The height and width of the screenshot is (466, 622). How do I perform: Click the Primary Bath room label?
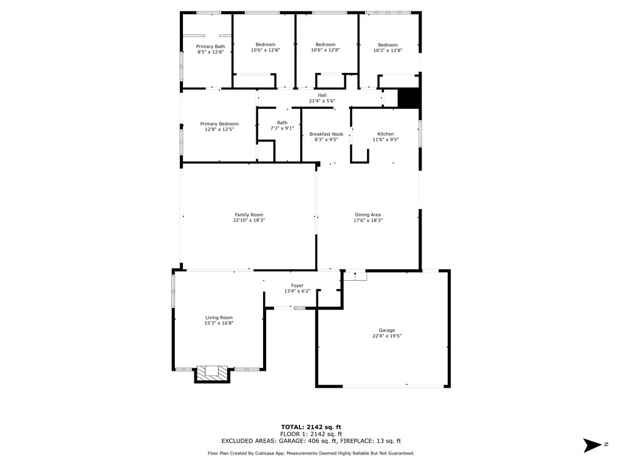pyautogui.click(x=210, y=46)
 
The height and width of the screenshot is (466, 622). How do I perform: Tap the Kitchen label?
pyautogui.click(x=386, y=134)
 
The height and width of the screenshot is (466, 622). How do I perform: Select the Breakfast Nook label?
pyautogui.click(x=326, y=134)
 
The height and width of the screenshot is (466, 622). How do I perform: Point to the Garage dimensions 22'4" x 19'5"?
pyautogui.click(x=387, y=336)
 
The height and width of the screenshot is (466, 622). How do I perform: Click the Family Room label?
pyautogui.click(x=248, y=214)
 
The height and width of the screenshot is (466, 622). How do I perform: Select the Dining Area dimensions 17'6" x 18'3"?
pyautogui.click(x=368, y=221)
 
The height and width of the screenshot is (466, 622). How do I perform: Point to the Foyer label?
pyautogui.click(x=297, y=286)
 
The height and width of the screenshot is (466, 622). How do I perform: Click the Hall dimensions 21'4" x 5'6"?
pyautogui.click(x=322, y=101)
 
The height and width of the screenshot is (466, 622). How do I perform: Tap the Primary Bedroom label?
pyautogui.click(x=219, y=124)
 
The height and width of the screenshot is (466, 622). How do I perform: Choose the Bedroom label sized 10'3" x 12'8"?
pyautogui.click(x=388, y=45)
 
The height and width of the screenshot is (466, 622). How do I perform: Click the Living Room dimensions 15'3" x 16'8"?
pyautogui.click(x=219, y=323)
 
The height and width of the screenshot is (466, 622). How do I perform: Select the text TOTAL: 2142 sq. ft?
pyautogui.click(x=311, y=427)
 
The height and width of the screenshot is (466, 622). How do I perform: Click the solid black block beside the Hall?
pyautogui.click(x=409, y=98)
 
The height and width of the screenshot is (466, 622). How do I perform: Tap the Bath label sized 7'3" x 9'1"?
pyautogui.click(x=282, y=123)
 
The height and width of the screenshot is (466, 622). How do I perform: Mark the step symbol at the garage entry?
pyautogui.click(x=355, y=276)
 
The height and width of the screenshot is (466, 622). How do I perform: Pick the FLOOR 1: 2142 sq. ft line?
pyautogui.click(x=311, y=434)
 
